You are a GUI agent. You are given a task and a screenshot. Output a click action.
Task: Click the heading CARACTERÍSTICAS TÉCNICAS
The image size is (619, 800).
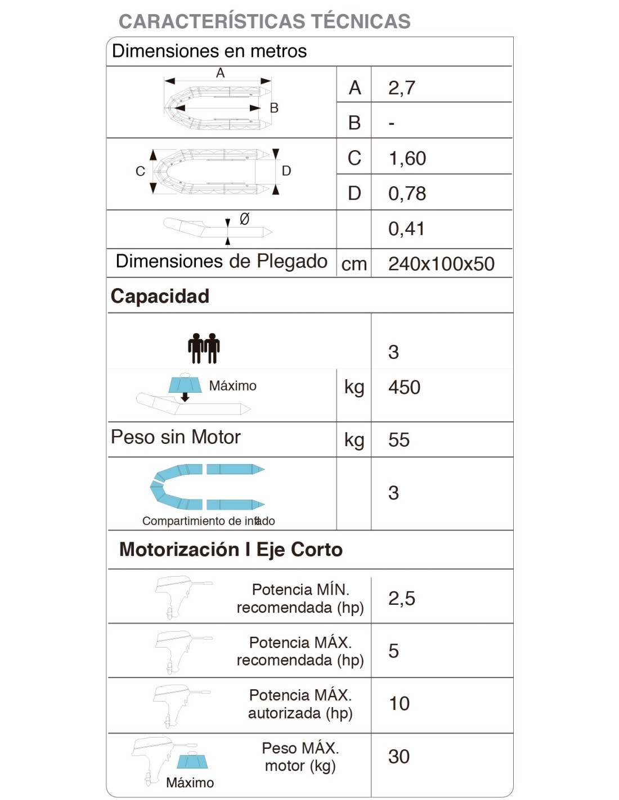coord(264,21)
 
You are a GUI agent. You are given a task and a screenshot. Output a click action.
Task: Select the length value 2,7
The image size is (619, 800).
coord(402,88)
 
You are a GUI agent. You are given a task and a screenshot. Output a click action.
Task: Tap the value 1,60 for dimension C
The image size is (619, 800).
coord(407,158)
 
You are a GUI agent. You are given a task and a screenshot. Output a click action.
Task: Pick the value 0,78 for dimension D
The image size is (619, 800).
coord(407,194)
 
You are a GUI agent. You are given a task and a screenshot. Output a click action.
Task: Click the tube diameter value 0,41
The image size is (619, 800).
coord(406,228)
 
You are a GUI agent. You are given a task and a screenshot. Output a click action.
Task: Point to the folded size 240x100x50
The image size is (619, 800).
coord(441,264)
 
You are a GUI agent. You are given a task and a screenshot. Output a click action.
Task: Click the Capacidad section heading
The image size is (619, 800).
coord(160,296)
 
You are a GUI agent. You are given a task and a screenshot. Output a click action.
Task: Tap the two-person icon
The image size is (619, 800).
coord(204,348)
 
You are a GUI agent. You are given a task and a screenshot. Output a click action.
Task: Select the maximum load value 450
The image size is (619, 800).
coord(404,387)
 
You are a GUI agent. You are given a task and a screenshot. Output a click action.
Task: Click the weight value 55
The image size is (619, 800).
coord(399,440)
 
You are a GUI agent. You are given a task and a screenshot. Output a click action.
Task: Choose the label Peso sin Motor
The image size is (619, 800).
coord(176,437)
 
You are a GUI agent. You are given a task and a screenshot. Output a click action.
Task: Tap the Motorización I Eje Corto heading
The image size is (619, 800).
coord(231,550)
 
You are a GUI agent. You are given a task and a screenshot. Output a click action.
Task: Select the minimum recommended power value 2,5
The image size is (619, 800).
coord(402,599)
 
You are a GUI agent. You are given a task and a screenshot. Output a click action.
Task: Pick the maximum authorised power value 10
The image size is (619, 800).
coord(399,703)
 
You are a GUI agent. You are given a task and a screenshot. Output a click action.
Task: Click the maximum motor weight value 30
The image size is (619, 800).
coord(399,757)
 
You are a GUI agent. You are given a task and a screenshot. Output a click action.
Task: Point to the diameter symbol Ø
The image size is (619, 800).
coord(244,219)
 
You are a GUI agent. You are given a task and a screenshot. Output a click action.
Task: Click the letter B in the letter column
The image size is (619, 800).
coord(355,123)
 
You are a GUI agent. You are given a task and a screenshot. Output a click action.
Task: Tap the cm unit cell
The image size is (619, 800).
coord(354,264)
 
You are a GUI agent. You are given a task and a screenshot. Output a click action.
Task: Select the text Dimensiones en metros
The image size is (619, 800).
coord(209,51)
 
